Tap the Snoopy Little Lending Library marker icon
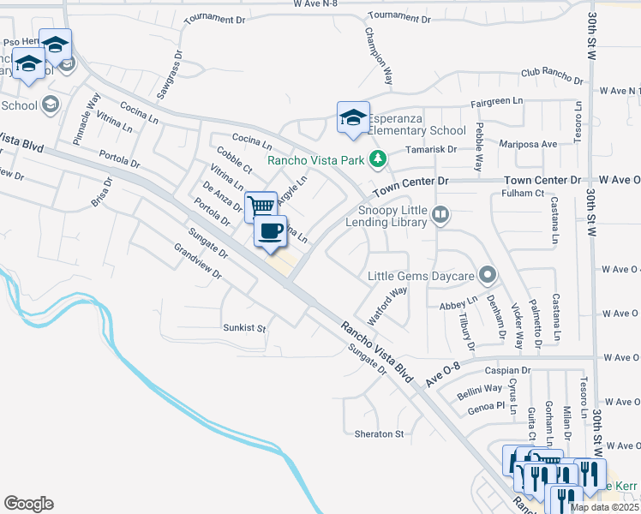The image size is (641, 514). click(x=440, y=213)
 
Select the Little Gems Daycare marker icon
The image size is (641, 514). click(x=488, y=275)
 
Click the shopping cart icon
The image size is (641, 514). click(x=261, y=206)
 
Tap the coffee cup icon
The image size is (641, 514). click(x=271, y=231)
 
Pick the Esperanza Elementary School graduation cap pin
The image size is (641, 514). click(x=353, y=119)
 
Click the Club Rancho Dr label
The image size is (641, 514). click(x=551, y=78)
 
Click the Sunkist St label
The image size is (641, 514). click(x=244, y=328)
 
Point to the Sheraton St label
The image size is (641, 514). click(x=379, y=434)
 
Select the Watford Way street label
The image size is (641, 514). click(x=387, y=301)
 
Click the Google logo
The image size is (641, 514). click(x=28, y=504)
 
